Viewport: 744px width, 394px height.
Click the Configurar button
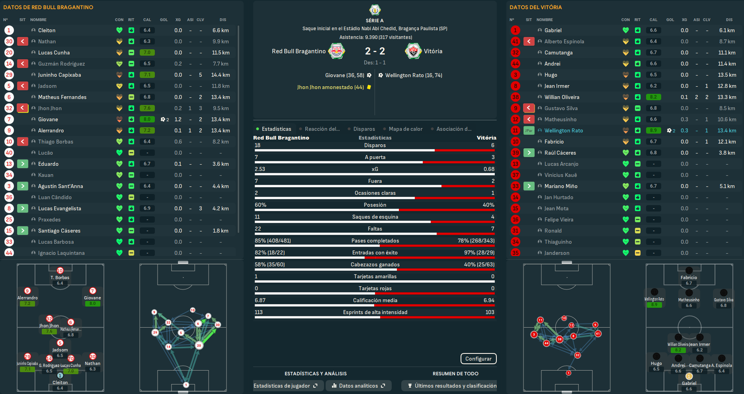tap(478, 359)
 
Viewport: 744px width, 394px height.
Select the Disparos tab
tap(364, 129)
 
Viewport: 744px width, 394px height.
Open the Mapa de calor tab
tap(405, 129)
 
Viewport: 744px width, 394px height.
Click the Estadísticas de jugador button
tap(285, 386)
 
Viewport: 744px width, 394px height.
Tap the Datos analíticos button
tap(358, 386)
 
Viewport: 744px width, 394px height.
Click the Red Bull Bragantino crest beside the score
tap(336, 51)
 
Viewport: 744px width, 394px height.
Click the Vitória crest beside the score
tap(413, 51)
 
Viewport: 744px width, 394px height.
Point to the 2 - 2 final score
tap(375, 51)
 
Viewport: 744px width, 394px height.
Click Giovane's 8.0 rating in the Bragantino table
tap(147, 119)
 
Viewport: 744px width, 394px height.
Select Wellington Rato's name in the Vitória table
tap(563, 130)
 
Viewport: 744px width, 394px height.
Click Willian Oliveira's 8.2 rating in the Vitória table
tap(653, 97)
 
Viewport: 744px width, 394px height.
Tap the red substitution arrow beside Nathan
tap(23, 41)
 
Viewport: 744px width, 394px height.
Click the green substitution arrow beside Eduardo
tap(23, 164)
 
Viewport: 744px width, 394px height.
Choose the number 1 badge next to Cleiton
tap(9, 30)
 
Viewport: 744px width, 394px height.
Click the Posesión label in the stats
tap(375, 205)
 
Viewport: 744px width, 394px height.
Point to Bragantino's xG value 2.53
tap(260, 169)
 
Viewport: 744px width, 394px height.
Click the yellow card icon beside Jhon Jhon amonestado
tap(369, 87)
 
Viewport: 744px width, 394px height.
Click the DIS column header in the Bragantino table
tap(223, 19)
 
